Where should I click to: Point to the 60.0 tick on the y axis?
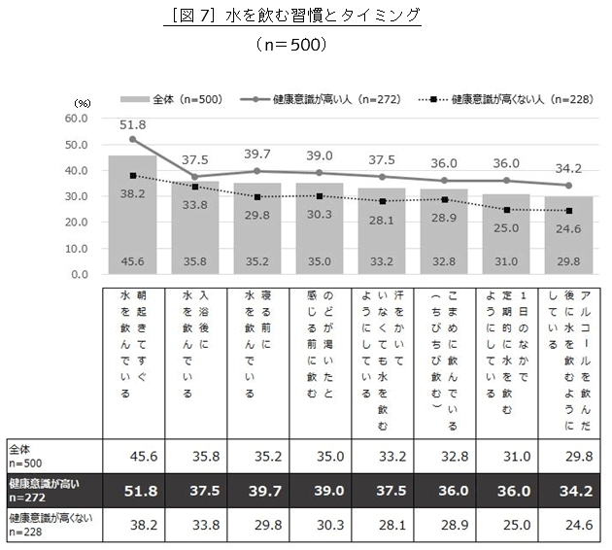(x=75, y=119)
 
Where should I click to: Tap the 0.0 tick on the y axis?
(x=78, y=274)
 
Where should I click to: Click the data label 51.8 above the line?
(x=133, y=124)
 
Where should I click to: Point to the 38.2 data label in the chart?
(x=133, y=194)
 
